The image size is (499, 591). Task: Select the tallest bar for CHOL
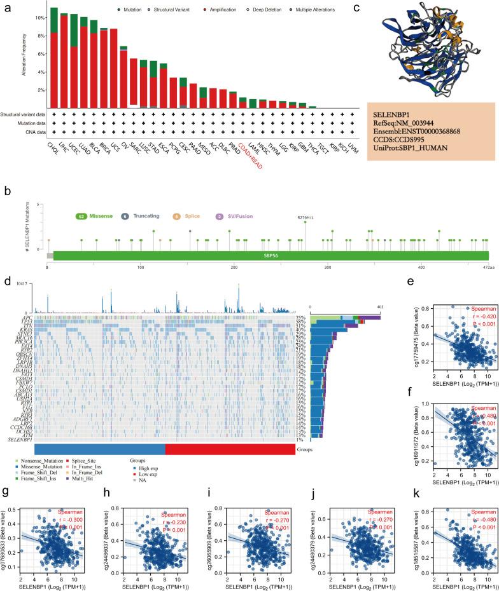pos(55,57)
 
